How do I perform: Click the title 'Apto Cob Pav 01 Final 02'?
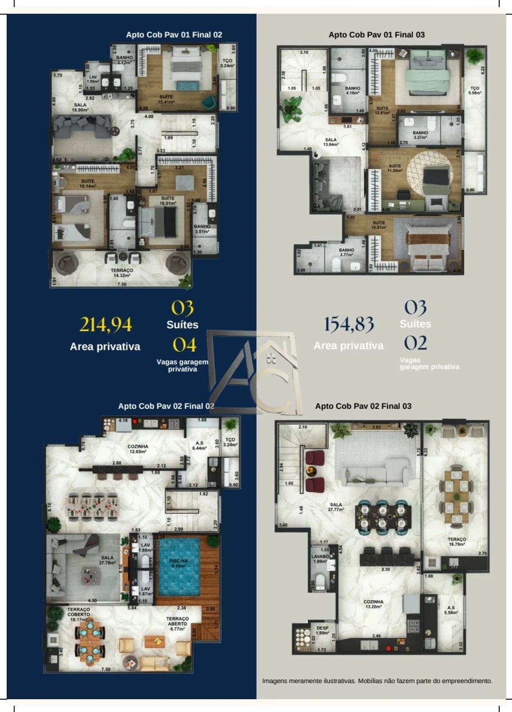tap(174, 34)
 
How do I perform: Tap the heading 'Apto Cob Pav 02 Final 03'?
tap(363, 406)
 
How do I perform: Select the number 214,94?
tap(105, 324)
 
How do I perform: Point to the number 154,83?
tap(348, 324)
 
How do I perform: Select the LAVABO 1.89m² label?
tap(321, 558)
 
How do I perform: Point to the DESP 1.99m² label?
tap(322, 630)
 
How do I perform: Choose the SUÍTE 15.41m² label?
tap(165, 99)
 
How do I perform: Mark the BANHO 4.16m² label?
tap(352, 90)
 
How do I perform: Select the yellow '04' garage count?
tap(184, 345)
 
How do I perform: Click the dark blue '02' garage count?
tap(415, 343)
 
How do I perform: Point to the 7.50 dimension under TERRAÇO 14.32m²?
tap(121, 284)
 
